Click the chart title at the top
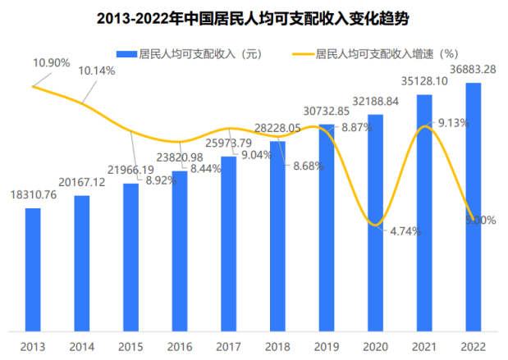254,17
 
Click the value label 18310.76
34,195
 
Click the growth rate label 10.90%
52,62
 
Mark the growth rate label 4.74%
405,231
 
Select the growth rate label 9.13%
454,123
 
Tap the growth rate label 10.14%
97,71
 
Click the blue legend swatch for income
127,54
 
